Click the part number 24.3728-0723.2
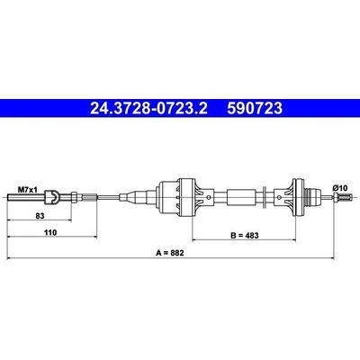(x=148, y=108)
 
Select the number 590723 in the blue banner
(x=255, y=108)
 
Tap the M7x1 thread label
(x=28, y=190)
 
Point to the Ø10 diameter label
(x=340, y=188)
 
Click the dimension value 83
(x=40, y=216)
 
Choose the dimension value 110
(x=50, y=232)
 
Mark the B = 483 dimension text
(x=245, y=236)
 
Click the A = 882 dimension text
(x=170, y=253)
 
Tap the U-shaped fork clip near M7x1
(x=52, y=197)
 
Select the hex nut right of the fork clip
(x=75, y=197)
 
